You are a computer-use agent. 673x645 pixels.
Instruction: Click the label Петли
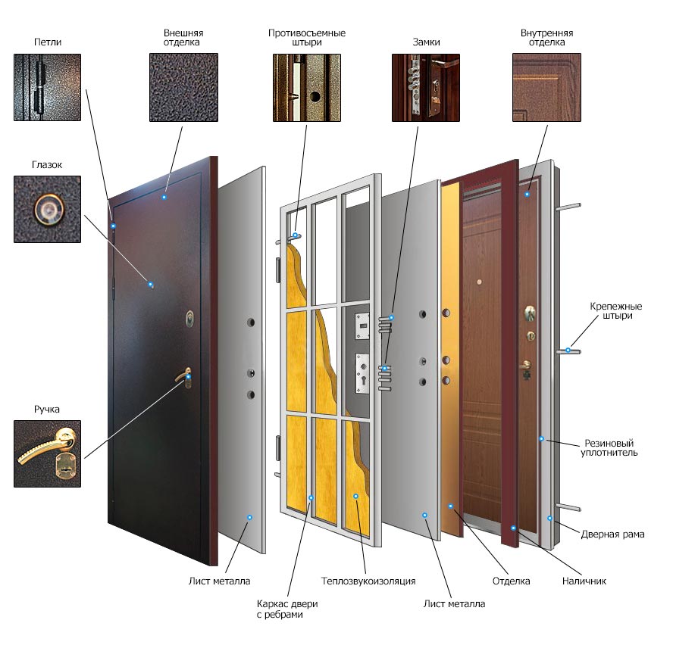point(48,42)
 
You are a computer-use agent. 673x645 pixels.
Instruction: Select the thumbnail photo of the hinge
point(47,87)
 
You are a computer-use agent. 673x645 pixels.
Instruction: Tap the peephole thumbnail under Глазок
point(47,209)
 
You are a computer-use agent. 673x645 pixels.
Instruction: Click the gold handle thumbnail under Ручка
point(47,453)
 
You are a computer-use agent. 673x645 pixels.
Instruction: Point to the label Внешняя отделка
point(183,37)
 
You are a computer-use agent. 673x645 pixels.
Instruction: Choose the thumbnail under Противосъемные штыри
point(307,88)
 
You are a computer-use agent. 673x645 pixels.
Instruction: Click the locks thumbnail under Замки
point(426,88)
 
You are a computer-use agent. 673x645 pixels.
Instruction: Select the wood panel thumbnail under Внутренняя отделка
point(547,88)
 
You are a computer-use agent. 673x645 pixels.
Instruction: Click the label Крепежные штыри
point(616,311)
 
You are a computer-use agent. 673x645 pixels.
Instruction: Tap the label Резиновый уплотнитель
point(609,447)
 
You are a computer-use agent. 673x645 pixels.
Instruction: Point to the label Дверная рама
point(612,534)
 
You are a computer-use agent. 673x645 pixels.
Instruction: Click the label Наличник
point(584,581)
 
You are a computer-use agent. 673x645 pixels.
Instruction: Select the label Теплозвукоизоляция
point(368,581)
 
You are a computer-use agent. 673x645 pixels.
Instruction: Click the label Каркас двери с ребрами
point(287,609)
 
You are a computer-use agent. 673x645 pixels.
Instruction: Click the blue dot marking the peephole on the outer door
point(150,285)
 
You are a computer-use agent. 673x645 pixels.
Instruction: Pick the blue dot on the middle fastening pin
point(568,351)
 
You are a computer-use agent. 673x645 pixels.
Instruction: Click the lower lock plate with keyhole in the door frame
point(363,372)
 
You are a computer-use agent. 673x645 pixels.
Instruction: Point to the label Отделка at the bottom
point(511,581)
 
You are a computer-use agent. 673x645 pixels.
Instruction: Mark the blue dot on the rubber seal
point(542,439)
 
